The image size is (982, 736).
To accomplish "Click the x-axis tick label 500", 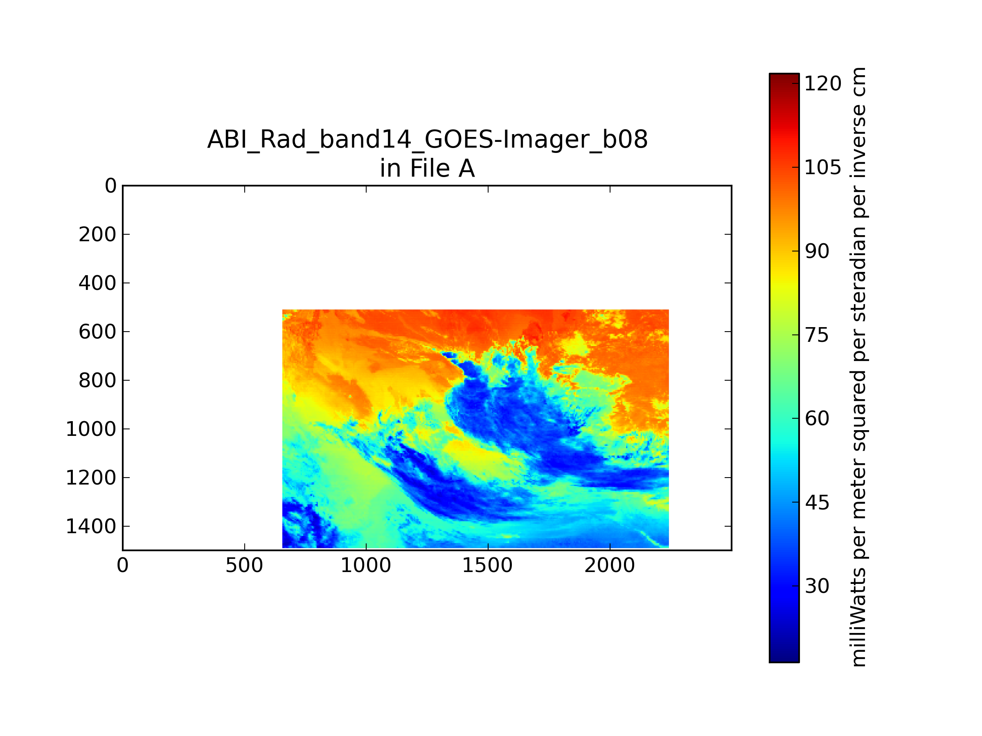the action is tap(244, 565).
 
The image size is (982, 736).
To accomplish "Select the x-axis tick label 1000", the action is tap(366, 565).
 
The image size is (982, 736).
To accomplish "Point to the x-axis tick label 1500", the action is tap(487, 565).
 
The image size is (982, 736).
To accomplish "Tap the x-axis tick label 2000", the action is tap(610, 565).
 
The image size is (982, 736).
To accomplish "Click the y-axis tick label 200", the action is tap(98, 234).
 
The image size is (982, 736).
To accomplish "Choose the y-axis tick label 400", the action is tap(98, 283).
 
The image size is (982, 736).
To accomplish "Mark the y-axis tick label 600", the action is tap(98, 332).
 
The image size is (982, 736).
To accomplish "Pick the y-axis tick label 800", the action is tap(98, 380).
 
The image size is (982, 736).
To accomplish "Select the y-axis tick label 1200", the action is tap(91, 478).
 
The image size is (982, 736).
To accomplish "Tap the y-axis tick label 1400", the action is tap(91, 526).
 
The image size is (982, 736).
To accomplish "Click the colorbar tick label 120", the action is tap(822, 83).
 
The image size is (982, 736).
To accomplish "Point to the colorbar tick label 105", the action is tap(822, 167).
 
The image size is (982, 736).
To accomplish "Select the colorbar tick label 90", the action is tap(817, 251).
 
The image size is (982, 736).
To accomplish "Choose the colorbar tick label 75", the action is tap(817, 335).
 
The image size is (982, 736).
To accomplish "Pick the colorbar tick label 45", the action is tap(817, 503).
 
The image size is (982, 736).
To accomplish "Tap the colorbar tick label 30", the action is tap(817, 586).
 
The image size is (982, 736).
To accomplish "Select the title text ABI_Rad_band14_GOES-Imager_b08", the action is tap(428, 140).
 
